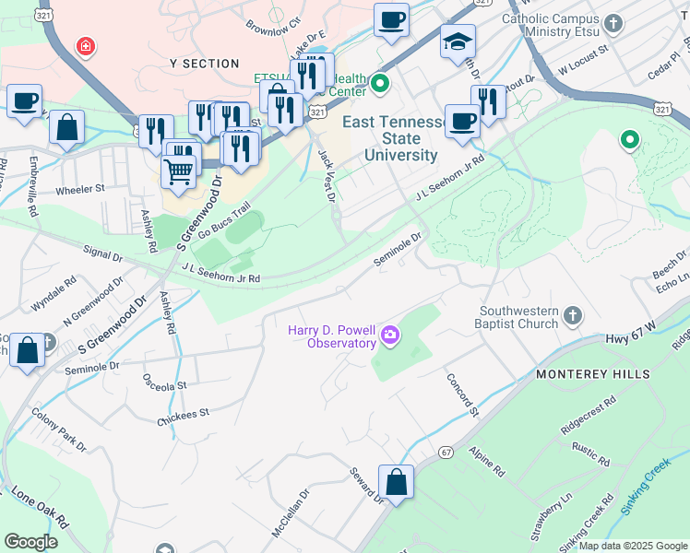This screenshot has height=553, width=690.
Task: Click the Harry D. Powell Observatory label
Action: (332, 336)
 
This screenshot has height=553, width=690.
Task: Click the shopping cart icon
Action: (179, 170)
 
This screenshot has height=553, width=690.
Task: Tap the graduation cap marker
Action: (458, 42)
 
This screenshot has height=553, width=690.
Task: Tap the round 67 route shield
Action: (446, 453)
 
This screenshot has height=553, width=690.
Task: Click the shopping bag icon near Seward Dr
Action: (396, 483)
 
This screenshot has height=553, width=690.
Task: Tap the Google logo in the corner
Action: (30, 542)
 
